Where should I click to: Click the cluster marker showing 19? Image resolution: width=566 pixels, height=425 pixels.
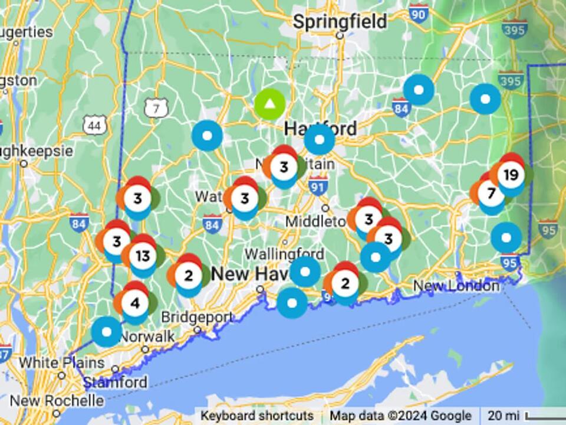[x=511, y=175]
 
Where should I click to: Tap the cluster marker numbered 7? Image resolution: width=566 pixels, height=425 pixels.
[x=491, y=193]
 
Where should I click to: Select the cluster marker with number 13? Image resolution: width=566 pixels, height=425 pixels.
[x=143, y=256]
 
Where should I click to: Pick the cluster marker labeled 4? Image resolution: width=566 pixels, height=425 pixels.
[x=135, y=303]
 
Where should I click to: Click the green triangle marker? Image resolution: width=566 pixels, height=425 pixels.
[x=270, y=104]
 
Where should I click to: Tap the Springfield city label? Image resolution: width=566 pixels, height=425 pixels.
[x=340, y=22]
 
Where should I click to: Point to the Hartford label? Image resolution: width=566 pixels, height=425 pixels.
[x=320, y=127]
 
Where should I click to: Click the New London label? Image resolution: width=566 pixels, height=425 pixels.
[x=456, y=286]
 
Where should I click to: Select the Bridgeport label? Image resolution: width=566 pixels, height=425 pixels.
[x=197, y=317]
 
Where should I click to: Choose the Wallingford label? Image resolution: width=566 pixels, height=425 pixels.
[x=284, y=254]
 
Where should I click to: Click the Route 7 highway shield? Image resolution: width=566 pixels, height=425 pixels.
[x=156, y=107]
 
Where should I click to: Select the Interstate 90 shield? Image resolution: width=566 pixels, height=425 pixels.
[x=419, y=14]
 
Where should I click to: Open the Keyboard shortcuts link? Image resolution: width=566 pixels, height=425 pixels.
[x=257, y=416]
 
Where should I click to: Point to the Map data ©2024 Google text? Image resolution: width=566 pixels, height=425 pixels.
[x=400, y=416]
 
